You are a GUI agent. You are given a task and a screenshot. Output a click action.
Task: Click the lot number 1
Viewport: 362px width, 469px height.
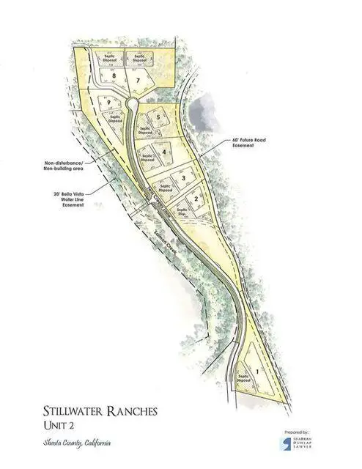(x=257, y=372)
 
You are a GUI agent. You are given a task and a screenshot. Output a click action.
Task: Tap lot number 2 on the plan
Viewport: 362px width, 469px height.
(x=196, y=199)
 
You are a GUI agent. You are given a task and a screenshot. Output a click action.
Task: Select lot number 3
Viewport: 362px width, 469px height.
(x=182, y=177)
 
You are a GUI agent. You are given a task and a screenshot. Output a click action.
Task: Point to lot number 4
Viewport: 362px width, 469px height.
(x=164, y=152)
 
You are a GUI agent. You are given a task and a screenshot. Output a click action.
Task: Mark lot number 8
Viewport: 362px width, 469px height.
(x=114, y=75)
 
